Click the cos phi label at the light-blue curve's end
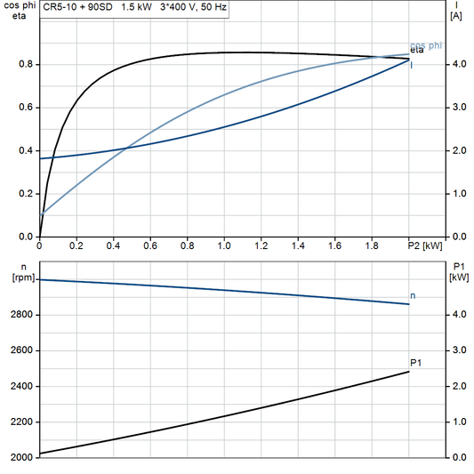426,46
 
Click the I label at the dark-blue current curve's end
411,66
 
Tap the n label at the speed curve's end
412,294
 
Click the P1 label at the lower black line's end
415,362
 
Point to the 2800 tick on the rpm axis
20,315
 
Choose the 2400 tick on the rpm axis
20,386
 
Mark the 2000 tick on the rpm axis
20,457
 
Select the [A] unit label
456,16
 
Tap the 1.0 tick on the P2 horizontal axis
223,245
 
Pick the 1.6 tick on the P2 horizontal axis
334,245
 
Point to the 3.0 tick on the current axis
457,108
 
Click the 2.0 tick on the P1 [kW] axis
457,386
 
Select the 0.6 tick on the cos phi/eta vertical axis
27,108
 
